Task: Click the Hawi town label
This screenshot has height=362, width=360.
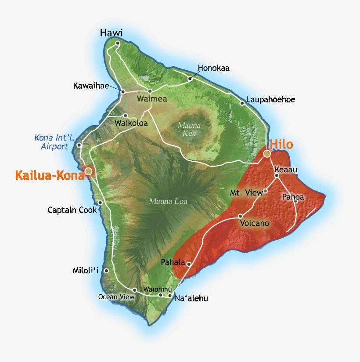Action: [111, 33]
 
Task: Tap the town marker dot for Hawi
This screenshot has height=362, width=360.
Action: [118, 43]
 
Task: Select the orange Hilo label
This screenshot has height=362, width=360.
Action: [281, 145]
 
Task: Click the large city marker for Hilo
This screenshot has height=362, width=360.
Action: [266, 153]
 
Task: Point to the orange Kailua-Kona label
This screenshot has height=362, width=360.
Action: [50, 176]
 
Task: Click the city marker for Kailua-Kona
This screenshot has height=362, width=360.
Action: [89, 170]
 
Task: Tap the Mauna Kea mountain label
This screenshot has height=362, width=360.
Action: [189, 129]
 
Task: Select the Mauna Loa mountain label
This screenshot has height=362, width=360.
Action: [168, 202]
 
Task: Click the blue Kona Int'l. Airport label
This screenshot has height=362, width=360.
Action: [51, 142]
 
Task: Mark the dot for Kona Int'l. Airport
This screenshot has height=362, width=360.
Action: [79, 145]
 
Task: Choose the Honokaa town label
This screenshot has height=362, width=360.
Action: [213, 68]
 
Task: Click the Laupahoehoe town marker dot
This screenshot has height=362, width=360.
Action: [242, 103]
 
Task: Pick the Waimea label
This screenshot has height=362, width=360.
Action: [152, 99]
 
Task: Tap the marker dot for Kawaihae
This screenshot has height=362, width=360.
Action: [123, 92]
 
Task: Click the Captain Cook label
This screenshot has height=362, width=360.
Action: [72, 210]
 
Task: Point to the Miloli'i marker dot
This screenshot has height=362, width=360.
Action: [106, 271]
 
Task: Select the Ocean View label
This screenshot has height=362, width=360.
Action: [116, 297]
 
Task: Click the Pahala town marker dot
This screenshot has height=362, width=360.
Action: [189, 264]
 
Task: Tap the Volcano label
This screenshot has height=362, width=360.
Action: [255, 224]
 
